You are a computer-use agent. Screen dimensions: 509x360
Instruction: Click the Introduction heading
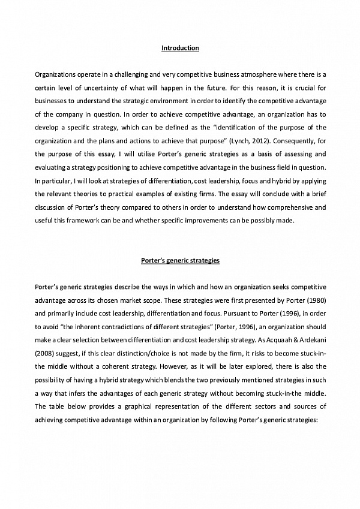tap(180, 47)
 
